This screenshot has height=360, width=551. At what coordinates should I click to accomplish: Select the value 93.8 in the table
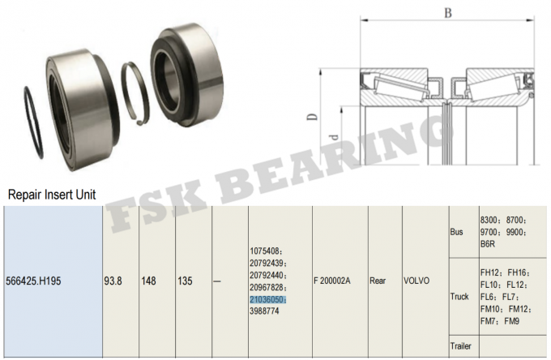click(x=113, y=282)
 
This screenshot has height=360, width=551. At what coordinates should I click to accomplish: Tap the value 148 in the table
click(x=150, y=282)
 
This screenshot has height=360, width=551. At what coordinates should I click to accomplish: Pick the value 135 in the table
click(x=186, y=282)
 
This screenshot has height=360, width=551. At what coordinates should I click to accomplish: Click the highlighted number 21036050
click(x=268, y=299)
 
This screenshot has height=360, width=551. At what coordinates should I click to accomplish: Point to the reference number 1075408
click(x=267, y=251)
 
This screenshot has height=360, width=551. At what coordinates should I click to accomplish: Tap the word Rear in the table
click(x=378, y=282)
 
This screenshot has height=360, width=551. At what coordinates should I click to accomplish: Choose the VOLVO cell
click(x=417, y=282)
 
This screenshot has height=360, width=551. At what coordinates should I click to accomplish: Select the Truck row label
click(x=459, y=297)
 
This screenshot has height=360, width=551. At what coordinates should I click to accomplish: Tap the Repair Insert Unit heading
click(x=52, y=195)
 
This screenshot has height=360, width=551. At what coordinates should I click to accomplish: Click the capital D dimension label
click(x=310, y=115)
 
